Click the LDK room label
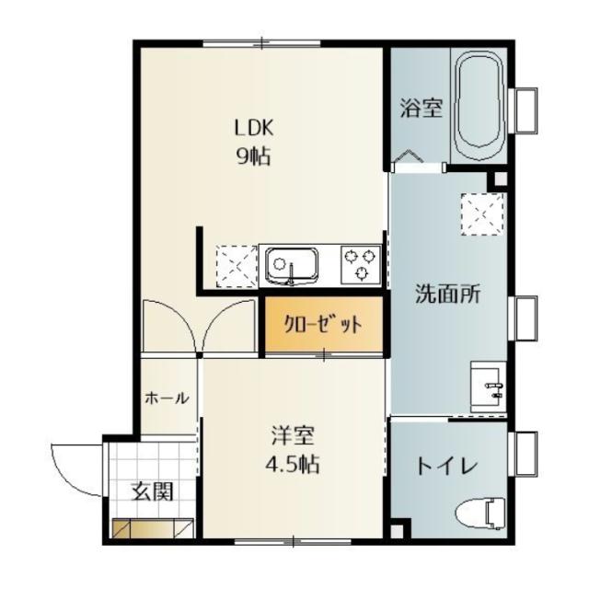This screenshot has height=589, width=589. pyautogui.click(x=251, y=128)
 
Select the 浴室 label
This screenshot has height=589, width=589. pyautogui.click(x=422, y=109)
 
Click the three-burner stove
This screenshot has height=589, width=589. pyautogui.click(x=361, y=266)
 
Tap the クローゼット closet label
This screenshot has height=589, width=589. pyautogui.click(x=321, y=325)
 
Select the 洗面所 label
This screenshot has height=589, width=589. pyautogui.click(x=447, y=296)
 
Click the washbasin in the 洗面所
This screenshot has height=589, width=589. pyautogui.click(x=489, y=386)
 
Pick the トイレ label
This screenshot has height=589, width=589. pyautogui.click(x=446, y=466)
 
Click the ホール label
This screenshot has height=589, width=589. pyautogui.click(x=167, y=398)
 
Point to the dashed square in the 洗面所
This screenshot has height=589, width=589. pyautogui.click(x=481, y=214)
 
